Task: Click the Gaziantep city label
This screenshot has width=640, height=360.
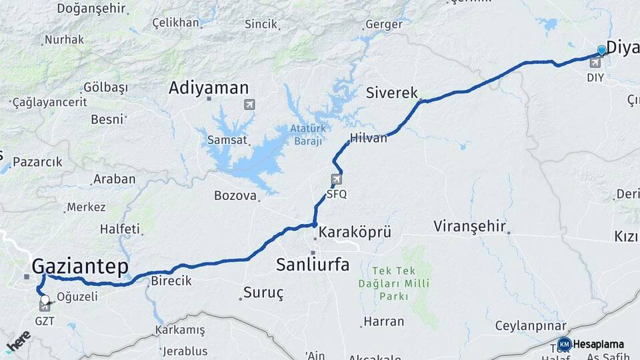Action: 80,267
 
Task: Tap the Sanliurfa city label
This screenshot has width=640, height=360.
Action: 313,264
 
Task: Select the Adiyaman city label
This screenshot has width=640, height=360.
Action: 209,88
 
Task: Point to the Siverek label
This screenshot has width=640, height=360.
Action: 391,93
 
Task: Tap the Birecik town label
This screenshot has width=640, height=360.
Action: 171,281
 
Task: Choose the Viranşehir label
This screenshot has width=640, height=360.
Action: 469,226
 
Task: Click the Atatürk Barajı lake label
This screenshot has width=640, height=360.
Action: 307,134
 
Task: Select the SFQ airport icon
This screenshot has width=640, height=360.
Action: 337,179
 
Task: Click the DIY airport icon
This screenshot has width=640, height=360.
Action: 595,63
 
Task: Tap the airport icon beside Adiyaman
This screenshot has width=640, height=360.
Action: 249,104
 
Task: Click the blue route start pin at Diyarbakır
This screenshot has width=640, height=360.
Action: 602,51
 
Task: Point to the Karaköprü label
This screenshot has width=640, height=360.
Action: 355,233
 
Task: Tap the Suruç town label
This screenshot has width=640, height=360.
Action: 263,292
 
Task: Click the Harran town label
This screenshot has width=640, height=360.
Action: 384,321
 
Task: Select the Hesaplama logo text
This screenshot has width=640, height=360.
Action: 598,345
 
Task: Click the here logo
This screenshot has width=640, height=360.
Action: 18,341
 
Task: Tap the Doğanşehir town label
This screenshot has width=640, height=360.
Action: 91,8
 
